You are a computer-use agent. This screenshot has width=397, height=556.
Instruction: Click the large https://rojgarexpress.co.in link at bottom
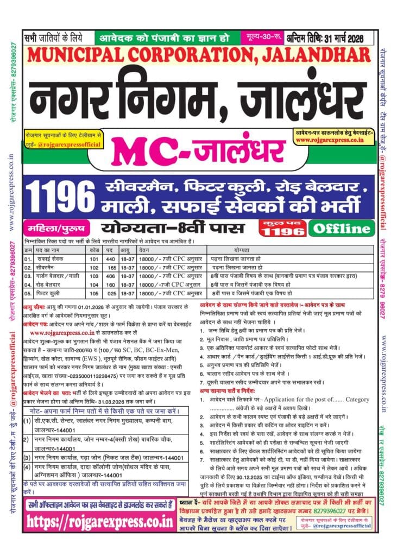[x=105, y=522]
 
